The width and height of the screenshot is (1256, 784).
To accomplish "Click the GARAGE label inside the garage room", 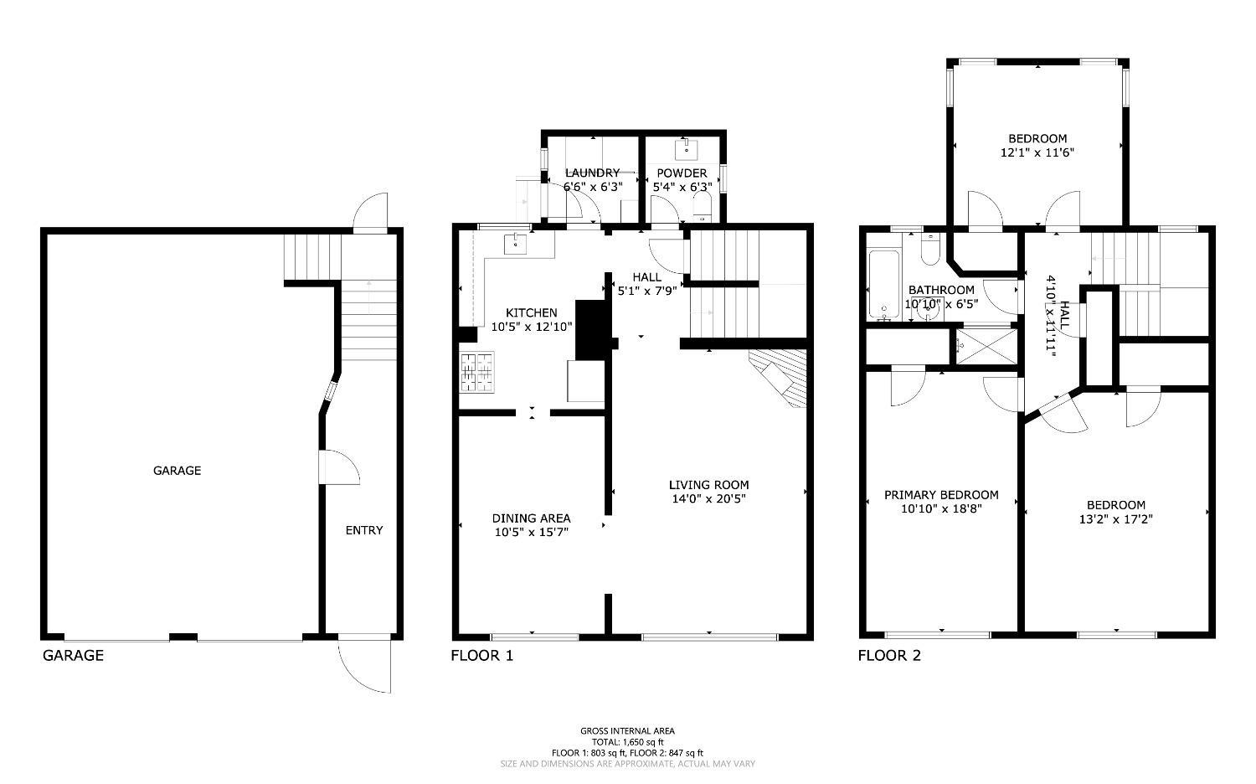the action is click(178, 471).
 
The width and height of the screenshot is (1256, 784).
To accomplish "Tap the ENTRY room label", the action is click(364, 530).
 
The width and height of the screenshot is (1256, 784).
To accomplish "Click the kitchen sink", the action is click(515, 244).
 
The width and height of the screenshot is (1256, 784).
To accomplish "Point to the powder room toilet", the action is click(702, 206).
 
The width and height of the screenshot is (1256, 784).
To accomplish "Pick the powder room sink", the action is click(687, 149).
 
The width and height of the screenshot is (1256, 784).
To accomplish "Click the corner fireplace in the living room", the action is click(780, 377).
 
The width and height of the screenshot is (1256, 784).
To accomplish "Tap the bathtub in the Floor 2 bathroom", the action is click(883, 284).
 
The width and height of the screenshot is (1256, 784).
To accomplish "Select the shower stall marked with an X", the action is click(986, 347).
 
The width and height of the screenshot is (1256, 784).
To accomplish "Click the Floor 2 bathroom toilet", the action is click(930, 250).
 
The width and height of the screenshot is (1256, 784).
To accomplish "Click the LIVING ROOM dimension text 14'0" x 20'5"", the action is click(708, 498).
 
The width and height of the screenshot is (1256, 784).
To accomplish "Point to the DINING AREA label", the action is click(532, 518).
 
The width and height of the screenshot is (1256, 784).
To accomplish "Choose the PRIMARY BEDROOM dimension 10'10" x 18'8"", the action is click(941, 508).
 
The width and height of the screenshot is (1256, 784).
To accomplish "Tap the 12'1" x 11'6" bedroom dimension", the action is click(1037, 152).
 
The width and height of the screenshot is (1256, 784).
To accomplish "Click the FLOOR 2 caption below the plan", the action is click(889, 656).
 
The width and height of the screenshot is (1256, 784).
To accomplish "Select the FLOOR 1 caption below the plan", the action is click(482, 656).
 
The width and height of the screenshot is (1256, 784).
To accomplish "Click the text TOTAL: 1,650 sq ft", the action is click(627, 742).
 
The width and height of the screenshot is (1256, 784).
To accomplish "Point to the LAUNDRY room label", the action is click(592, 173).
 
